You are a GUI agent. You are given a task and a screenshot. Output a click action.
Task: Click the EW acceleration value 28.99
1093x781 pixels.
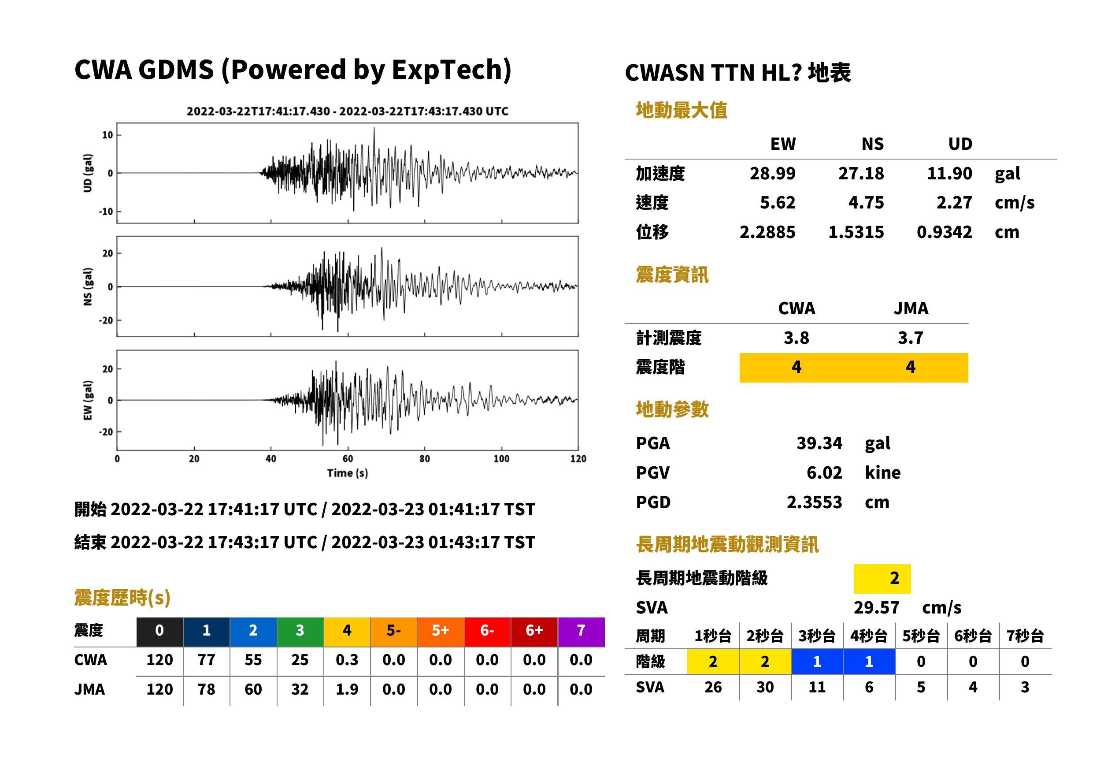(772, 174)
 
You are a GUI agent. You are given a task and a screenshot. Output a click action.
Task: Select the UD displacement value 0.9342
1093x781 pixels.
(944, 232)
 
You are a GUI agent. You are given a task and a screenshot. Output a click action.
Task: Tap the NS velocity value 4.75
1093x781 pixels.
(866, 203)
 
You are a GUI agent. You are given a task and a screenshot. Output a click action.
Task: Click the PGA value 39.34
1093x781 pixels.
(819, 443)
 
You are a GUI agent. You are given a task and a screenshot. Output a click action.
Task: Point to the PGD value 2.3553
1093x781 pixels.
(814, 502)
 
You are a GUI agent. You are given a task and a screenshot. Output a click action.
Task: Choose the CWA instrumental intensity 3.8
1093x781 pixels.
(797, 338)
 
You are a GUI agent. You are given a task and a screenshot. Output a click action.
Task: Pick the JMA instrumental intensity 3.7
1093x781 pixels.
(910, 338)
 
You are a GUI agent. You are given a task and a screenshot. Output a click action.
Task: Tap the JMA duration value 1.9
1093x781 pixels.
(347, 689)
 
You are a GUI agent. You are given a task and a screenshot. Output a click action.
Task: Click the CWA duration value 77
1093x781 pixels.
(206, 660)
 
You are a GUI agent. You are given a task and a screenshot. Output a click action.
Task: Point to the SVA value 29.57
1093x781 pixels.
(876, 607)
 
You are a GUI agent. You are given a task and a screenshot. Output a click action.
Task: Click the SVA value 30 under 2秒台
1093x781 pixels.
(765, 687)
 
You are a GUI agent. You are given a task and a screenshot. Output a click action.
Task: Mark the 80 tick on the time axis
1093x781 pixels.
(424, 459)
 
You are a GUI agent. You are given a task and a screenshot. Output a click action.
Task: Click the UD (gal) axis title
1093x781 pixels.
(88, 173)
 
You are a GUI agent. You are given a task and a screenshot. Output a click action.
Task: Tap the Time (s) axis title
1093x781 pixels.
(348, 473)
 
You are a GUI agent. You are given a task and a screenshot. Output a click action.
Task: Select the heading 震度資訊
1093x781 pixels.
(672, 275)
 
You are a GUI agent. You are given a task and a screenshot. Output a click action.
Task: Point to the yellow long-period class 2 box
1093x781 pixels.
(882, 579)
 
